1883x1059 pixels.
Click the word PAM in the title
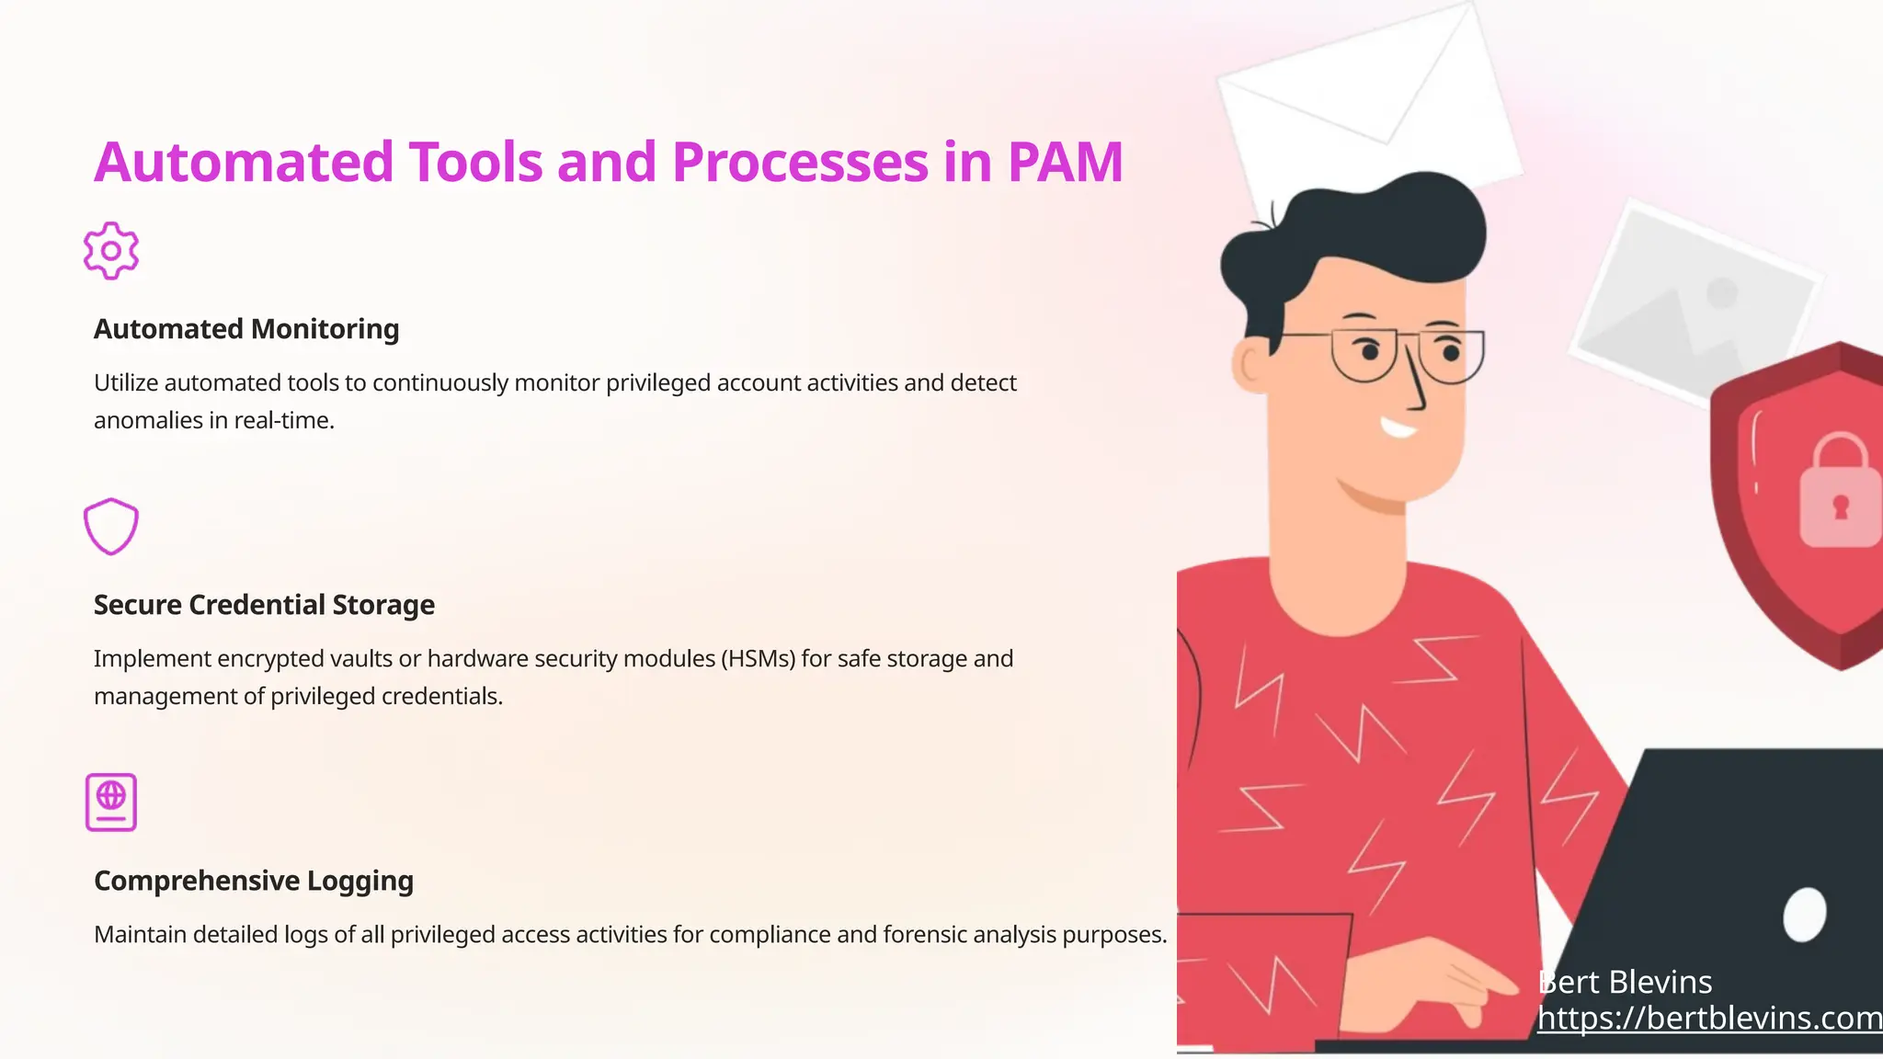(1065, 162)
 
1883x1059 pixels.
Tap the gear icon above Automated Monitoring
(111, 250)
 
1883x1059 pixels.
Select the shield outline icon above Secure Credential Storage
(111, 526)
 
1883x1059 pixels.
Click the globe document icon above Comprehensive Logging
(111, 802)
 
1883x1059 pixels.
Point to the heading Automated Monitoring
(246, 329)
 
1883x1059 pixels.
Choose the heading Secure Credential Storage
(264, 605)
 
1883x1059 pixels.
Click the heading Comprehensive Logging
(254, 881)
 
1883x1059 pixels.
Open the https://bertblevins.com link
(1709, 1018)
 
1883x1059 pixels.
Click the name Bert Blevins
(1625, 982)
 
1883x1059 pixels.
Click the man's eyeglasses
(1407, 355)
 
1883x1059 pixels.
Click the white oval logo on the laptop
(1804, 915)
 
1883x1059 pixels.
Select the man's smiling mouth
(1398, 427)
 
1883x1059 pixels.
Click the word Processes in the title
(800, 162)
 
